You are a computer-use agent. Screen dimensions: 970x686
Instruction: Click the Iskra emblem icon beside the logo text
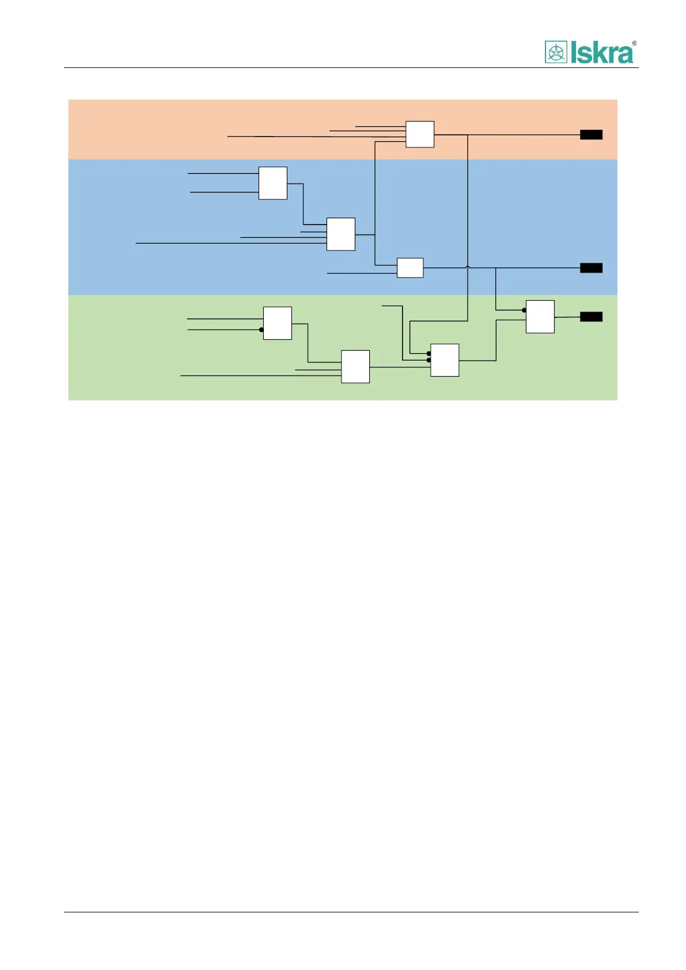(x=555, y=52)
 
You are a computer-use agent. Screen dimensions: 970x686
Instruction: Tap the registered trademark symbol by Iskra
(x=634, y=43)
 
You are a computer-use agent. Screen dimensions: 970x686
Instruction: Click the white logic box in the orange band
(x=419, y=134)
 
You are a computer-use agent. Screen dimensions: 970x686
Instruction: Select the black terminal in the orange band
(x=591, y=135)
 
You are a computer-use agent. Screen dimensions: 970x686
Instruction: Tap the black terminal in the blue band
(x=591, y=268)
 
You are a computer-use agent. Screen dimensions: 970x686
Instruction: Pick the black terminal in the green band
(x=591, y=317)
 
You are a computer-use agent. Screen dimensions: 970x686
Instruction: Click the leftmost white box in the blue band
(x=272, y=183)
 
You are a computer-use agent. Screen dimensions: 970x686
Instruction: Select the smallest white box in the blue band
(x=410, y=268)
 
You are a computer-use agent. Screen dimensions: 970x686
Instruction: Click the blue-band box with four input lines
(x=340, y=234)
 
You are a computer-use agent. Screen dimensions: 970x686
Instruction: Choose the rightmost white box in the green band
(x=540, y=317)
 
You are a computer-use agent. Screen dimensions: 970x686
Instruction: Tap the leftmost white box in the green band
(x=277, y=323)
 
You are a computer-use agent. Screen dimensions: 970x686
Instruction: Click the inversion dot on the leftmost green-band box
(x=261, y=330)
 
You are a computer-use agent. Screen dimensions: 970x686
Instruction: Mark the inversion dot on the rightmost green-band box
(x=524, y=310)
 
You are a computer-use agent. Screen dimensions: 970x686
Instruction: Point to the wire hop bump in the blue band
(x=467, y=267)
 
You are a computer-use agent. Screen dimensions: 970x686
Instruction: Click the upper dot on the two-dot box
(x=429, y=354)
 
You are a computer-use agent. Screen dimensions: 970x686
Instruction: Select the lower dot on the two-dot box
(x=429, y=361)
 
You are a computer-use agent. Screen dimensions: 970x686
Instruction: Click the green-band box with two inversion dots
(x=445, y=360)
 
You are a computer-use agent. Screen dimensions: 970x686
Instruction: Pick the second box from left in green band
(x=355, y=366)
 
